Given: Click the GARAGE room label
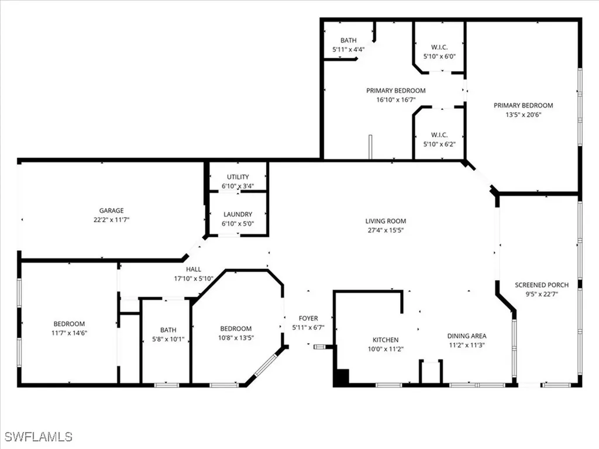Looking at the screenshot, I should point(111,210).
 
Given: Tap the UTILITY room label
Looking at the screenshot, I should point(238,177).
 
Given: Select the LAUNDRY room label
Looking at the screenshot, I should point(238,215).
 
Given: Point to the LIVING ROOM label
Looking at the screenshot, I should point(385,221).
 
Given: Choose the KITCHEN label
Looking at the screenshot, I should point(385,340).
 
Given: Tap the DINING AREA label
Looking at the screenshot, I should point(467,336).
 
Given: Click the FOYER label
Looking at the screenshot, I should point(308,319).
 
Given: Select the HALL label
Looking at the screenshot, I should point(194,270).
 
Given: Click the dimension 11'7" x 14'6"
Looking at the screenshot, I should point(69,333).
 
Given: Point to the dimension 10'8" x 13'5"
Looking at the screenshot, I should point(236,337).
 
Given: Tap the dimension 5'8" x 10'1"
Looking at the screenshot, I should point(166,339).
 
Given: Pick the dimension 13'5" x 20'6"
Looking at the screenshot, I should point(523,115).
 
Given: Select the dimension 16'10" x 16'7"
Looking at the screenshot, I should point(396,100).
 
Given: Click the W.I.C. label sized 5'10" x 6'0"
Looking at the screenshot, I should point(439,57).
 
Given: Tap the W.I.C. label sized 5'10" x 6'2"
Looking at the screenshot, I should point(439,143).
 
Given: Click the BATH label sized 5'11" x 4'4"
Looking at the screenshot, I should point(349,49).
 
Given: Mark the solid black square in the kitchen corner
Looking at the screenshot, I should point(341,377).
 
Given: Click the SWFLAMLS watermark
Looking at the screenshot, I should point(39,437).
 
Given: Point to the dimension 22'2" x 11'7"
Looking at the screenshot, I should point(111,219).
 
